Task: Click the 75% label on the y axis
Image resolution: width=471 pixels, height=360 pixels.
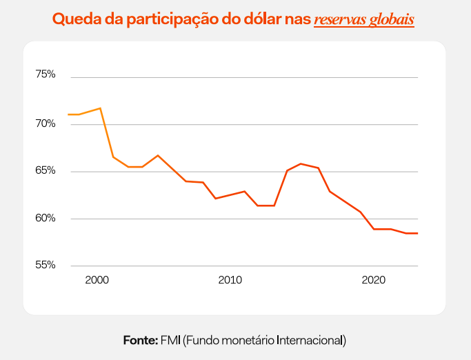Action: (x=46, y=74)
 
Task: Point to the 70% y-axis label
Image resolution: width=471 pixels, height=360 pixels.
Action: (x=46, y=124)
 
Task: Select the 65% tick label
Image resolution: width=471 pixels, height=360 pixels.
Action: (x=46, y=170)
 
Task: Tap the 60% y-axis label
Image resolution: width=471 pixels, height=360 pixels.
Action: (x=46, y=219)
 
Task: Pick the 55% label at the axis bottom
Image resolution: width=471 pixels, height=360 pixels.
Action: (x=46, y=265)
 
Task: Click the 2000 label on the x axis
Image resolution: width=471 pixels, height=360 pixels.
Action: (x=97, y=280)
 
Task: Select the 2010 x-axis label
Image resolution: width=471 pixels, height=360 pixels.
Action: (x=230, y=280)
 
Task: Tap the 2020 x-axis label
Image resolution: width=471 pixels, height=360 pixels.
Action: (x=373, y=280)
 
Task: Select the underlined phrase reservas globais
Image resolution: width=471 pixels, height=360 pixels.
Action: (x=364, y=19)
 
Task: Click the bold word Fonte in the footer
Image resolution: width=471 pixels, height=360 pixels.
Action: (x=141, y=341)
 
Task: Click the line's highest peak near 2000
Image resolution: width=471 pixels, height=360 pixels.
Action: (x=100, y=108)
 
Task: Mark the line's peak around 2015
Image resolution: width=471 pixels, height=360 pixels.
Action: (x=300, y=163)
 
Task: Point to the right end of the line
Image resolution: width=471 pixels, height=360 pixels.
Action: (x=417, y=233)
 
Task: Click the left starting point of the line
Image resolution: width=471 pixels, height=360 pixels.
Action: (x=68, y=114)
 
